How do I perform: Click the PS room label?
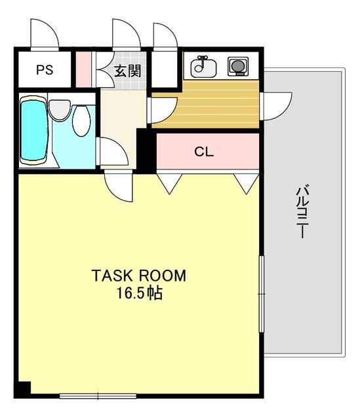(x=45, y=70)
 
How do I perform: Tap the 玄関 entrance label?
(x=127, y=71)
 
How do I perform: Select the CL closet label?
(x=204, y=152)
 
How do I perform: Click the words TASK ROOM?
(x=138, y=276)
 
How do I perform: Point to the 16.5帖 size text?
(x=139, y=293)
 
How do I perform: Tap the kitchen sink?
(x=203, y=67)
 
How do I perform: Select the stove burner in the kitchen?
(x=238, y=66)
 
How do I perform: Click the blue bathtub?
(x=34, y=130)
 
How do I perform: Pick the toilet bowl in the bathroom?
(x=81, y=120)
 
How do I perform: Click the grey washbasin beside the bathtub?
(x=60, y=110)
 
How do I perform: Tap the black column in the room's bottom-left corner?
(x=22, y=390)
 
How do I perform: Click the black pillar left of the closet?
(x=146, y=151)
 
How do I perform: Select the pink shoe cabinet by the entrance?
(x=83, y=69)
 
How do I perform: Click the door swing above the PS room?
(x=45, y=35)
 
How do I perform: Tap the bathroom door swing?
(x=112, y=151)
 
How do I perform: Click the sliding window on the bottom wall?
(x=98, y=395)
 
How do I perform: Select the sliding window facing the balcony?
(x=262, y=294)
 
